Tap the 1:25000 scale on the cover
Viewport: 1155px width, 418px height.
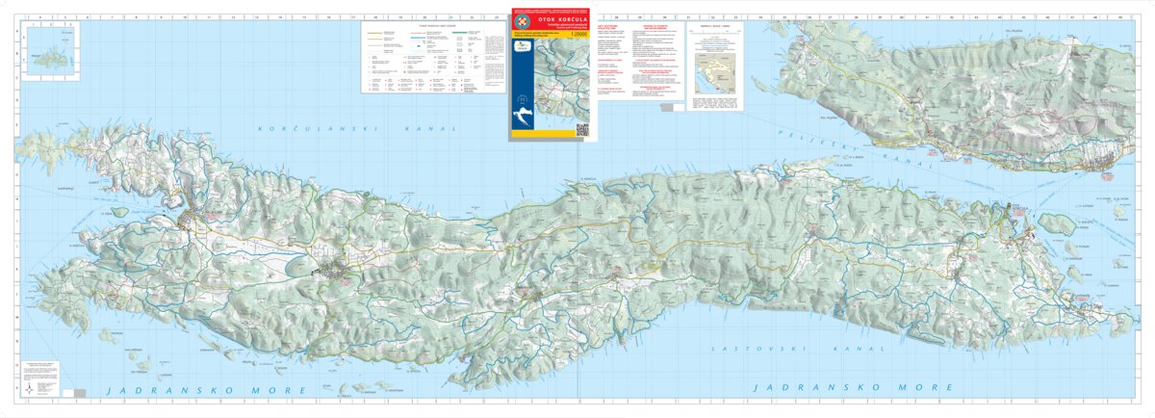(x=577, y=36)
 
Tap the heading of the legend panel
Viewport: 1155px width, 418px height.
(x=422, y=26)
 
